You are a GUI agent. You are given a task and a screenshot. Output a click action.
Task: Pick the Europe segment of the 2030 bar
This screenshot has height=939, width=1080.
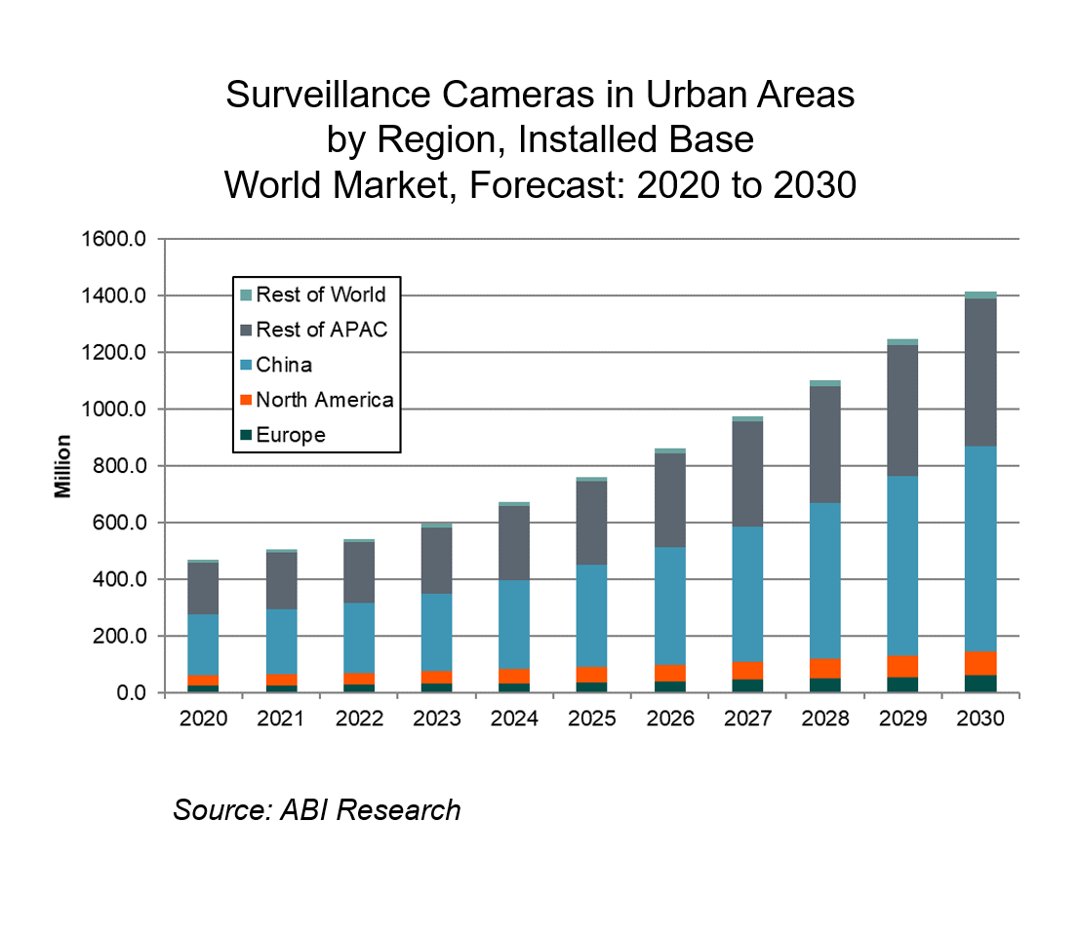tap(980, 684)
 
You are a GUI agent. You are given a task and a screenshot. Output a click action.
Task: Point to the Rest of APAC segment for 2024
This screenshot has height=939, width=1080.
tap(514, 543)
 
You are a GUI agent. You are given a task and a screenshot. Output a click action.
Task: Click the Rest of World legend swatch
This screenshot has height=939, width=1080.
tap(246, 295)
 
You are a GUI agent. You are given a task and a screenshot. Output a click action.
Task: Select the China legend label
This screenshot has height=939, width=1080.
tap(284, 366)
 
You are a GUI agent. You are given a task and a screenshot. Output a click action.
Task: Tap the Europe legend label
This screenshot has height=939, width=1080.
tap(291, 435)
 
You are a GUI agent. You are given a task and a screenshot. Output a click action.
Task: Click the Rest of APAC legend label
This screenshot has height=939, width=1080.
tap(321, 330)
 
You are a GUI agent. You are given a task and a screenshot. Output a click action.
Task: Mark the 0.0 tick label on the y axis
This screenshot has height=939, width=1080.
tap(131, 693)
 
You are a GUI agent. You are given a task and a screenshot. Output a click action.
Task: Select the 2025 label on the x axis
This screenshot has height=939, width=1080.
tap(592, 719)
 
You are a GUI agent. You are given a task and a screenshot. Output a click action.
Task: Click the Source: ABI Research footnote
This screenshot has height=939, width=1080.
tap(316, 809)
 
